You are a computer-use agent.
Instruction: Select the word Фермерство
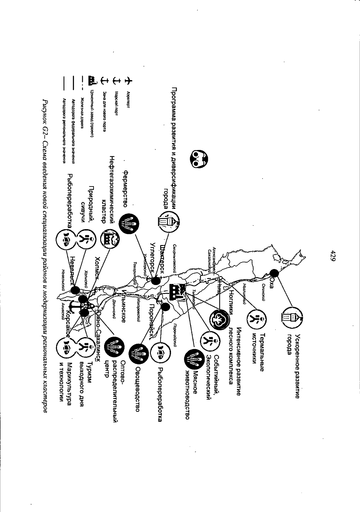click(126, 189)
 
